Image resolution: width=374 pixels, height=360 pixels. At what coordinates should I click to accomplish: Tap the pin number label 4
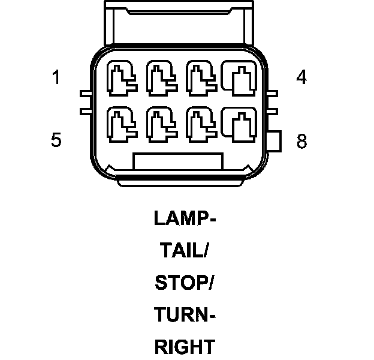[301, 78]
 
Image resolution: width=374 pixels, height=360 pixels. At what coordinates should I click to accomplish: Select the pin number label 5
[56, 140]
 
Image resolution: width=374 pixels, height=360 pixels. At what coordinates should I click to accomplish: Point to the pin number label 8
[301, 142]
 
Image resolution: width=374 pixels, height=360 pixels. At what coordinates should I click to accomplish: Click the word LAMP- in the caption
[185, 218]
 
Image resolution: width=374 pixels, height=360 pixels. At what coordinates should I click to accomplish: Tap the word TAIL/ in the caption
[185, 250]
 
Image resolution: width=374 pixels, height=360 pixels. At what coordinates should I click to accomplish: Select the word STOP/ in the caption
[185, 283]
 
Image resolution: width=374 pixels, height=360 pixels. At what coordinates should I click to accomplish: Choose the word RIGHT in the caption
[185, 346]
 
